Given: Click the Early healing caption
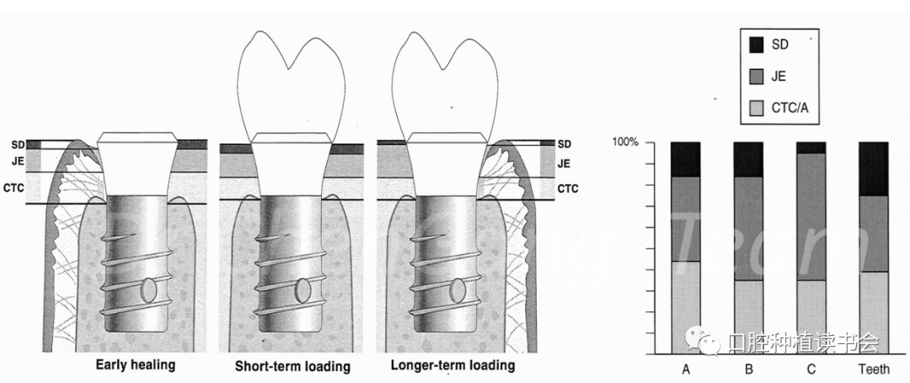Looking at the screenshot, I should click(x=135, y=365).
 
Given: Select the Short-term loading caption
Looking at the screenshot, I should click(x=292, y=367).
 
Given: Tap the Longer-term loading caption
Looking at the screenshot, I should click(x=452, y=366).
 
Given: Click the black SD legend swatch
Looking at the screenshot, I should click(x=756, y=46).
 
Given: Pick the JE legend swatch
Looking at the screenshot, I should click(x=756, y=76).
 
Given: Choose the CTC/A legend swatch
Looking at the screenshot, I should click(x=756, y=106).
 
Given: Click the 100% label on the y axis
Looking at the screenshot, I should click(x=627, y=142).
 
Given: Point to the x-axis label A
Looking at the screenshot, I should click(x=685, y=370).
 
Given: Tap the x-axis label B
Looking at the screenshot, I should click(x=748, y=370).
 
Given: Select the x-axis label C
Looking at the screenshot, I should click(x=811, y=370).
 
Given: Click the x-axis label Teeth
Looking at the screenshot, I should click(x=873, y=370).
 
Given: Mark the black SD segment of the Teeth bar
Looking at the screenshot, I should click(x=873, y=168).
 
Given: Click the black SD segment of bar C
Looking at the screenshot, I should click(x=811, y=148).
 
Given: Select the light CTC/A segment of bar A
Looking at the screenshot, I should click(x=685, y=307).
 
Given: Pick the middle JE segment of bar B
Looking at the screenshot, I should click(x=748, y=228).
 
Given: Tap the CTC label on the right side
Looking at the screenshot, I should click(x=567, y=188).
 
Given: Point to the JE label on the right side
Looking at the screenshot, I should click(x=564, y=164).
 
